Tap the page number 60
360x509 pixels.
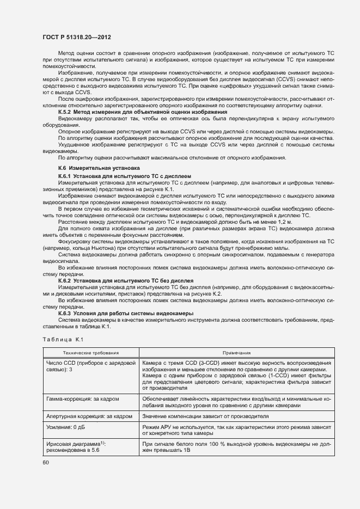pyautogui.click(x=46, y=463)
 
